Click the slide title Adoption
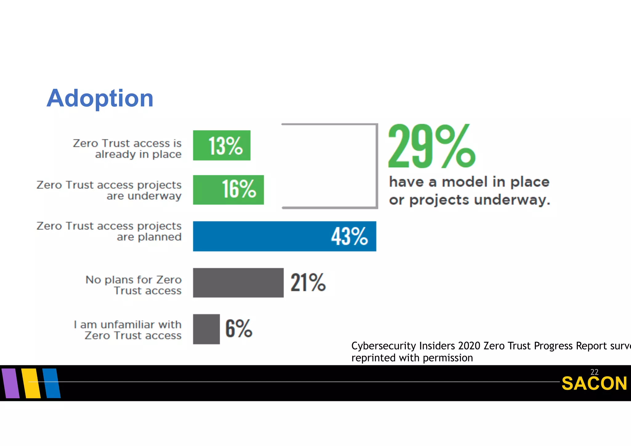(x=100, y=98)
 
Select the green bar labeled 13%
(x=222, y=145)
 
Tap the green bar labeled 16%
(x=228, y=190)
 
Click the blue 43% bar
(x=284, y=236)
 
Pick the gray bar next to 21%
(x=238, y=283)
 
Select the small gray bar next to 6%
(x=206, y=329)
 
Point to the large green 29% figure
(x=431, y=146)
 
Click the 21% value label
(x=308, y=282)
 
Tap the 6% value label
(x=239, y=329)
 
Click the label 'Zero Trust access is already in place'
(x=127, y=149)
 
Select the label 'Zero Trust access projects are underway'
(x=109, y=190)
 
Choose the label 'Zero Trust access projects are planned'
(x=109, y=231)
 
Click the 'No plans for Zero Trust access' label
(x=133, y=285)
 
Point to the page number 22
(x=594, y=372)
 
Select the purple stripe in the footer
(x=10, y=383)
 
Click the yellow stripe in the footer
(x=31, y=383)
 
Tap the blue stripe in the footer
(x=51, y=383)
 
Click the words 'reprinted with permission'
(x=412, y=358)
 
